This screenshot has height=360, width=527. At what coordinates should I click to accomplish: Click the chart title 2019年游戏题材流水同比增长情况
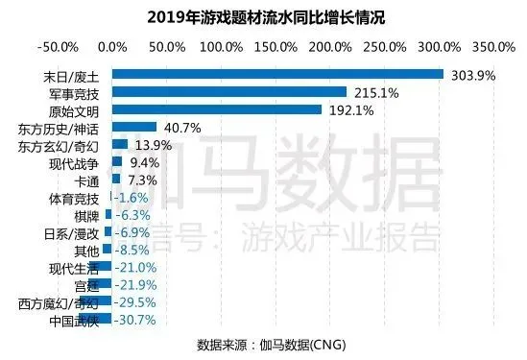[x=262, y=16]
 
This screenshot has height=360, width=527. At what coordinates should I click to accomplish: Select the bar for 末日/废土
[x=277, y=74]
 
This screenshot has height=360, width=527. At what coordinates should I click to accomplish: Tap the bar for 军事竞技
[x=229, y=92]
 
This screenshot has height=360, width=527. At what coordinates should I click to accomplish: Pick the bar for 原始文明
[x=217, y=109]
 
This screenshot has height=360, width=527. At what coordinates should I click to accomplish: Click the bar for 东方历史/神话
[x=134, y=127]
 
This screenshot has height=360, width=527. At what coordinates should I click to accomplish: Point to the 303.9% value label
[x=468, y=74]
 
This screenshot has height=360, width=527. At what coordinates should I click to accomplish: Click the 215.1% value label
[x=371, y=92]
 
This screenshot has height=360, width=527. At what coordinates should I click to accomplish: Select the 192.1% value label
[x=347, y=109]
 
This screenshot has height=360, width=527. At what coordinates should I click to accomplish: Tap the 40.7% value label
[x=180, y=127]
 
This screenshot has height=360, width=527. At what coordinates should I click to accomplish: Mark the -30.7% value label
[x=134, y=320]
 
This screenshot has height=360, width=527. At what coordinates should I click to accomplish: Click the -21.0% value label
[x=134, y=267]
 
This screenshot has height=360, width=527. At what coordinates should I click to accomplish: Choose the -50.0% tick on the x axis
[x=60, y=45]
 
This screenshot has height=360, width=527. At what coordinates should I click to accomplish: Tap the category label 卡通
[x=85, y=180]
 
